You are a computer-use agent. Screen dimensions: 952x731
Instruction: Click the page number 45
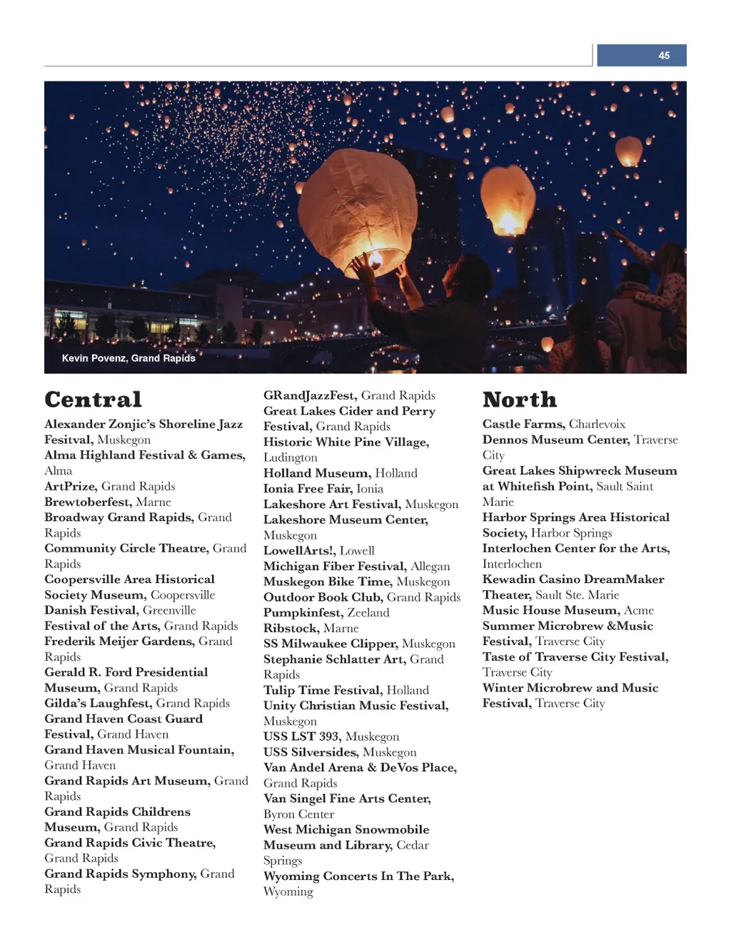pos(664,56)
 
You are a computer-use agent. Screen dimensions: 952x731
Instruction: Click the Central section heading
pos(94,400)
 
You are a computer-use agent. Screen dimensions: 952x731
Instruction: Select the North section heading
pos(520,400)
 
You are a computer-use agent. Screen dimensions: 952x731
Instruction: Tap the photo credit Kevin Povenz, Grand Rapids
pos(128,358)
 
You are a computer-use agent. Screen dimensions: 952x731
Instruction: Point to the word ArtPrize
pos(71,486)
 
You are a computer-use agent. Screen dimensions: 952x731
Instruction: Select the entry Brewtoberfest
pos(89,502)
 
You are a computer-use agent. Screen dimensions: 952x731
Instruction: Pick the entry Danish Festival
pos(91,610)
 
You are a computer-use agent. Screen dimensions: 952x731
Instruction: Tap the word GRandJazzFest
pos(309,395)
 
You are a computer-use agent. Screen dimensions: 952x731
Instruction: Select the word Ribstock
pos(291,628)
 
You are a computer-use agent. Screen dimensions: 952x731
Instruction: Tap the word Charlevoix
pos(597,424)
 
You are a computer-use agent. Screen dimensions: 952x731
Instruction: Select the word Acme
pos(639,610)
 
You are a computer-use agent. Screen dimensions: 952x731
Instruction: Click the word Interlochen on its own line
pos(512,564)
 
